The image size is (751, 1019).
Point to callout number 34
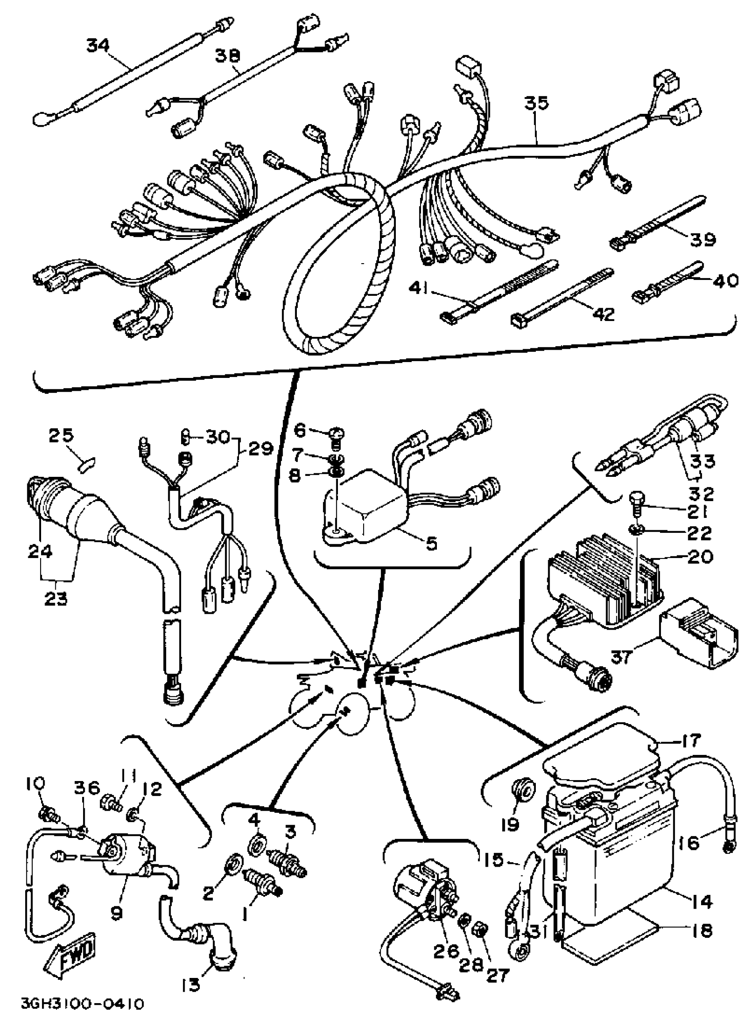pos(98,46)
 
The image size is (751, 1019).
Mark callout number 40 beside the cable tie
pos(724,281)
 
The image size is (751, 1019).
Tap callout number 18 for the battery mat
pos(702,930)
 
